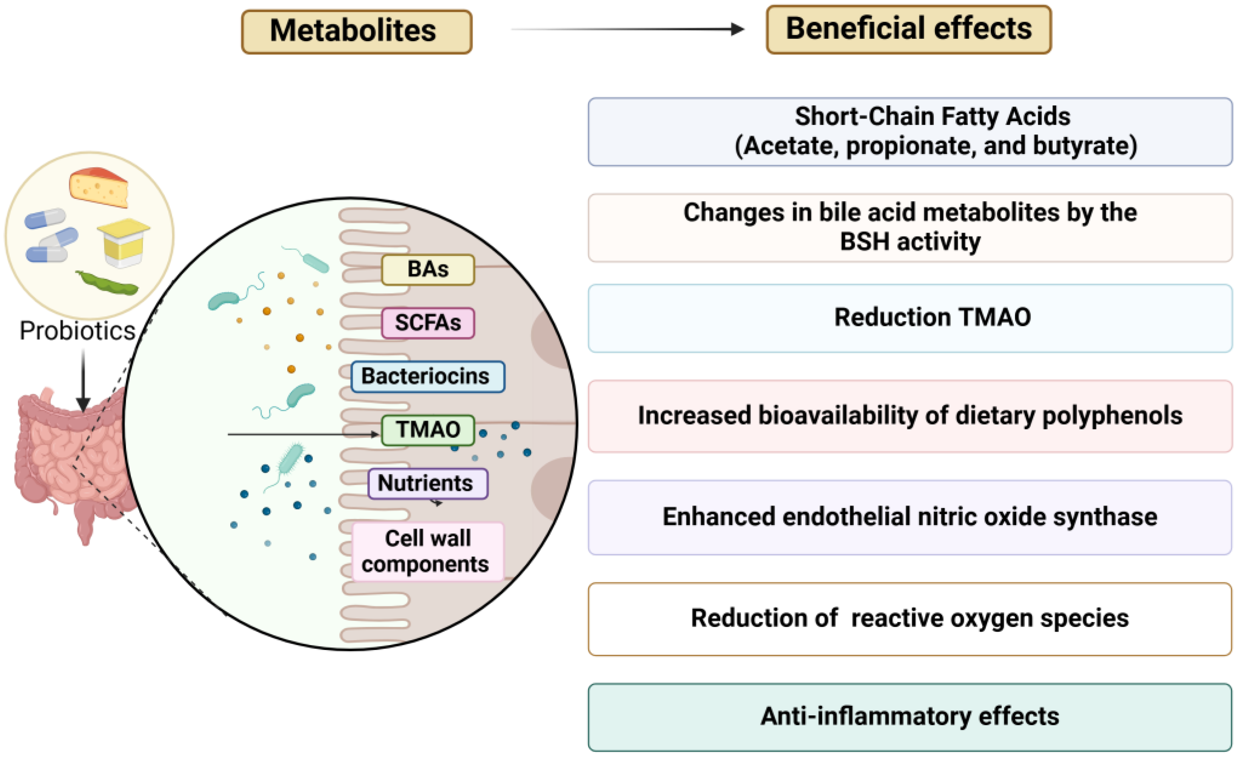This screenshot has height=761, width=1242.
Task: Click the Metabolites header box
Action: pyautogui.click(x=356, y=31)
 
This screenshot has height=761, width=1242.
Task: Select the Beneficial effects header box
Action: pyautogui.click(x=908, y=29)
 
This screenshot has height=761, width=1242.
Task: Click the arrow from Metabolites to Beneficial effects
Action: pyautogui.click(x=628, y=29)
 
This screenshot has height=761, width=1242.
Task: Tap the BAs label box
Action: pyautogui.click(x=427, y=270)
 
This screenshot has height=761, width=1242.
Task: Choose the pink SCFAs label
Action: pyautogui.click(x=427, y=323)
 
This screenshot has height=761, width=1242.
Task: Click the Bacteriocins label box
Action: pyautogui.click(x=427, y=376)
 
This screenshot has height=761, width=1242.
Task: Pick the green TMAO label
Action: pyautogui.click(x=427, y=430)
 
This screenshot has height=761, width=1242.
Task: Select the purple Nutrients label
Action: pyautogui.click(x=427, y=484)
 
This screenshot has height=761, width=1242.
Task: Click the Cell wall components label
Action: pyautogui.click(x=427, y=551)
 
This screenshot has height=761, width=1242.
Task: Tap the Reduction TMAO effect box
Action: pyautogui.click(x=910, y=318)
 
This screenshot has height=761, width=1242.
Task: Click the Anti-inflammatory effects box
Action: pyautogui.click(x=910, y=717)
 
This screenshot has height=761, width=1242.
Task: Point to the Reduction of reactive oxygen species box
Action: pyautogui.click(x=910, y=618)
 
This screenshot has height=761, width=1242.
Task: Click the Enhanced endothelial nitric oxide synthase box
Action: pyautogui.click(x=910, y=517)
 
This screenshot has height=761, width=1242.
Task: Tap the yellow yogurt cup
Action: pyautogui.click(x=124, y=242)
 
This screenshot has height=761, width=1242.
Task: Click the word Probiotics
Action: pyautogui.click(x=77, y=331)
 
